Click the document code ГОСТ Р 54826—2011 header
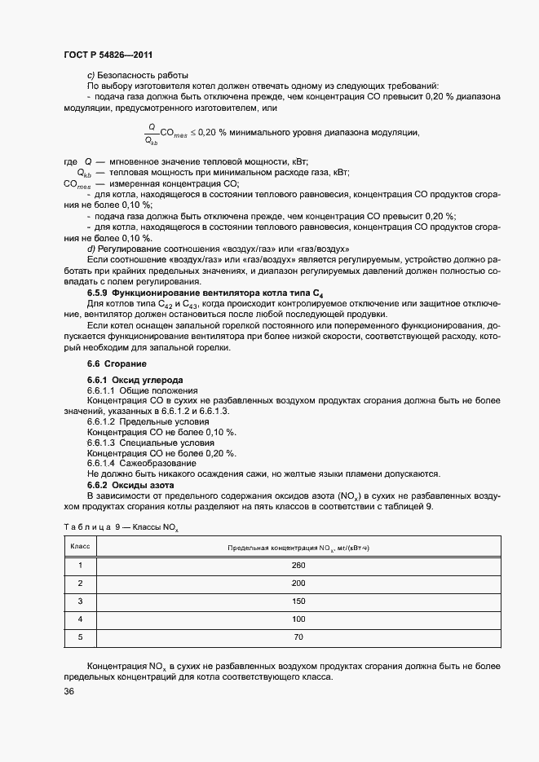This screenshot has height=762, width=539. (x=108, y=55)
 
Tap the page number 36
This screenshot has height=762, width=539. (x=69, y=692)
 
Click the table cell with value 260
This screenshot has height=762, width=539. (x=298, y=565)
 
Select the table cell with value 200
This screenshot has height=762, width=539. (x=298, y=584)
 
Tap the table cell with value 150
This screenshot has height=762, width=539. (x=298, y=601)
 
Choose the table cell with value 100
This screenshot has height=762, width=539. (x=298, y=619)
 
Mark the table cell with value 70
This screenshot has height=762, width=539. (x=298, y=637)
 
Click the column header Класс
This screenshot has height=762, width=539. (x=80, y=547)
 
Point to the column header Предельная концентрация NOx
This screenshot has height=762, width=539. (x=298, y=548)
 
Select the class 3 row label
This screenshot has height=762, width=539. (x=80, y=601)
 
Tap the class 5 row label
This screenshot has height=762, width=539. (x=80, y=637)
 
